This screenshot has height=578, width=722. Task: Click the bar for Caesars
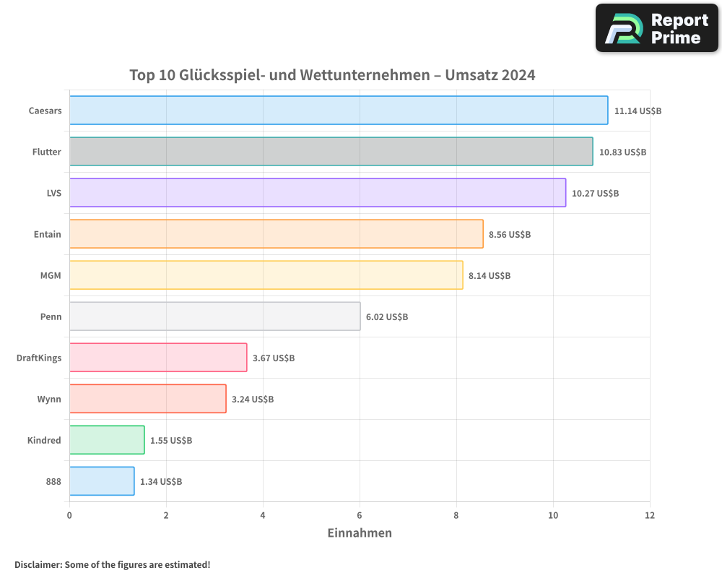(339, 111)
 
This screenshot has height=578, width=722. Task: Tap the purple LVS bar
(318, 193)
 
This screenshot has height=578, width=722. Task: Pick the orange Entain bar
(276, 234)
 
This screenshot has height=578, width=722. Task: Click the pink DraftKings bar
(158, 358)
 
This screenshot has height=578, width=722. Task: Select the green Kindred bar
(107, 440)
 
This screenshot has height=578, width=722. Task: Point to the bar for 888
(102, 481)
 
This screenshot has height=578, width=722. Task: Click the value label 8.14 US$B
(490, 275)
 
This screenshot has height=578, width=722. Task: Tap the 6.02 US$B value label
(387, 316)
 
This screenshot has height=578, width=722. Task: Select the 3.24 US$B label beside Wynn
(253, 399)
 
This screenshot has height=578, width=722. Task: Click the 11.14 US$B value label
(638, 111)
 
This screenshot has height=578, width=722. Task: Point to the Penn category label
(51, 316)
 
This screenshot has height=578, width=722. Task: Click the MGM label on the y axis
(51, 275)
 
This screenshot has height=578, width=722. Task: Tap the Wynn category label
(49, 399)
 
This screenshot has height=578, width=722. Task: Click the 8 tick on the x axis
(456, 515)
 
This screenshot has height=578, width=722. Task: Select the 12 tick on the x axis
(650, 515)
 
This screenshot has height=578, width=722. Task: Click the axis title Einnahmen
(360, 533)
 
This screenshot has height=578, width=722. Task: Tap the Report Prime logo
(657, 28)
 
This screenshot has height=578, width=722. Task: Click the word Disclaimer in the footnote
(38, 564)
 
